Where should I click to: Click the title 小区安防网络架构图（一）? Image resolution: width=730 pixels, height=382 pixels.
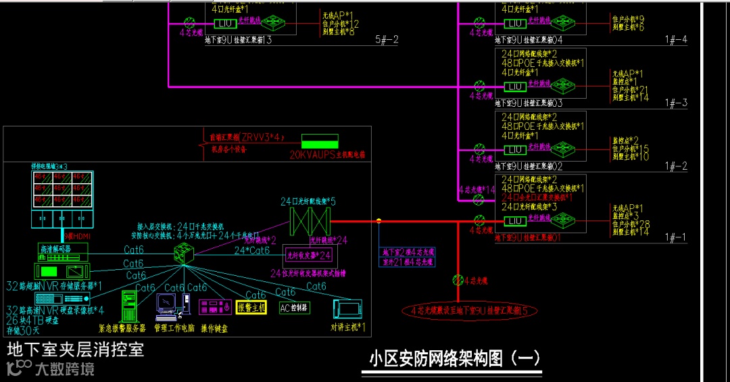455,358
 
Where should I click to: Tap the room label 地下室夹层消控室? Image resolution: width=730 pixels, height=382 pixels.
76,350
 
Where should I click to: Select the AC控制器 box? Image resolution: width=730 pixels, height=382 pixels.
294,308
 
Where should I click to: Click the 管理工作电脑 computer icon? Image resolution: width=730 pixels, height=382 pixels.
170,306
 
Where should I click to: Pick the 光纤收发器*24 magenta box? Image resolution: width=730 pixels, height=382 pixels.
308,255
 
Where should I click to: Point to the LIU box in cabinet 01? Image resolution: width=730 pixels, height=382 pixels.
516,221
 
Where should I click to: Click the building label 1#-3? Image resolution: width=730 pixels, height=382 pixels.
676,103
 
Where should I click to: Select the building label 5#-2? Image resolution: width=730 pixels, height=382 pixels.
387,40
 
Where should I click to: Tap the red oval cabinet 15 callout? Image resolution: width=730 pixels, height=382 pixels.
470,311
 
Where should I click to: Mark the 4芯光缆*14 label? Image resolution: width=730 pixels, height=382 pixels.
477,190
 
